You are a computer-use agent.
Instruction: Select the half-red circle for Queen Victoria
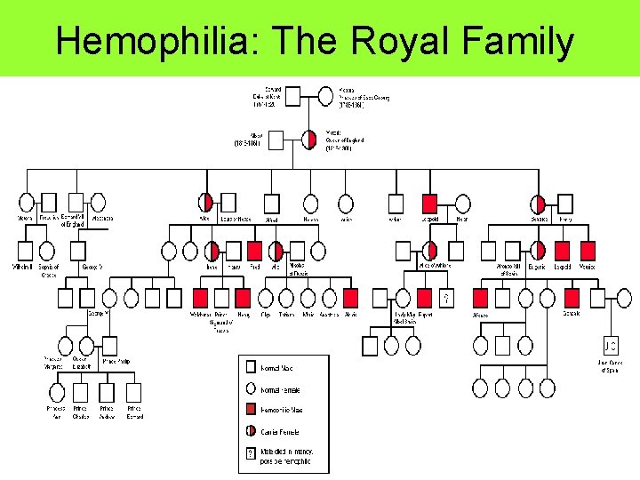[x=310, y=140]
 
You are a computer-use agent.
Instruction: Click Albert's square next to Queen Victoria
[x=276, y=140]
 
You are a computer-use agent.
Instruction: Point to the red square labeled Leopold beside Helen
[x=430, y=204]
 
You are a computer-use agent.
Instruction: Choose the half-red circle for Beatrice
[x=539, y=204]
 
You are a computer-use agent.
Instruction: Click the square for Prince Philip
[x=109, y=345]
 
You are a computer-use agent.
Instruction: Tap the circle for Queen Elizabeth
[x=86, y=345]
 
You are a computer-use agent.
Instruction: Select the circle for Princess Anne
[x=57, y=392]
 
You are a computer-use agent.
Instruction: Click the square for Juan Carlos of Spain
[x=610, y=345]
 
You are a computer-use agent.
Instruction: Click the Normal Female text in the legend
[x=281, y=389]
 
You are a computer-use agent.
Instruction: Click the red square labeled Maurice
[x=587, y=252]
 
